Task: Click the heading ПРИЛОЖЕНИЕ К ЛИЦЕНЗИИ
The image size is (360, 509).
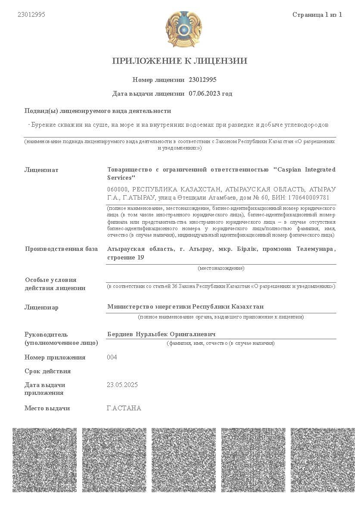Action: coord(180,61)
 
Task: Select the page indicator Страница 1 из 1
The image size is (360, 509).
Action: coord(317,15)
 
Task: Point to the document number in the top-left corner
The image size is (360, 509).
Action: coord(31,15)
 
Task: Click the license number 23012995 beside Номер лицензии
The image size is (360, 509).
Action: coord(202,80)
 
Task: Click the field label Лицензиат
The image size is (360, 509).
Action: coord(41,170)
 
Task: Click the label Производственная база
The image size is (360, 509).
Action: coord(61,249)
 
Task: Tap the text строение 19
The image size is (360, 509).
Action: coord(125,258)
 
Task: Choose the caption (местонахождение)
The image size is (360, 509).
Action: coord(221,268)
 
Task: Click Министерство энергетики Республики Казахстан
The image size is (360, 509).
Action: coord(185,306)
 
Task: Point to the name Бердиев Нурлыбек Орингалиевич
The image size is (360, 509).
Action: coord(161,334)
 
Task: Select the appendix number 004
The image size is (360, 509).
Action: coord(112,357)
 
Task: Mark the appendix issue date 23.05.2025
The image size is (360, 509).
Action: coord(122,385)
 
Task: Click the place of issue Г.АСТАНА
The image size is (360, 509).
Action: coord(124,408)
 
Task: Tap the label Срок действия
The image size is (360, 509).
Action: coord(47,371)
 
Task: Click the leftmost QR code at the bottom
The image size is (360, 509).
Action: coord(44,460)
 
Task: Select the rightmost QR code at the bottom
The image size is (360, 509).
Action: coord(323,460)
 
